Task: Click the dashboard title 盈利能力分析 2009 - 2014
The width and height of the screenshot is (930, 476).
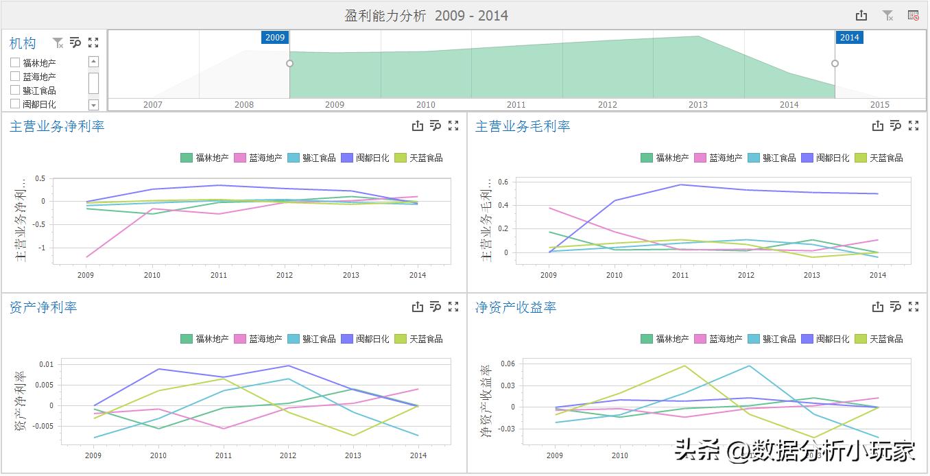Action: [x=426, y=16]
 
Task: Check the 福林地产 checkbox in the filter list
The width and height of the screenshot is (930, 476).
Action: [x=15, y=63]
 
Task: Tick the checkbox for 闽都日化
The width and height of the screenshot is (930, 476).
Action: [x=15, y=104]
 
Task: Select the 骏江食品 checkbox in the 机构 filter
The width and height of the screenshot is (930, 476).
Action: [x=15, y=91]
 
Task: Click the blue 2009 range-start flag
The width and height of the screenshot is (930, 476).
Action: [x=275, y=38]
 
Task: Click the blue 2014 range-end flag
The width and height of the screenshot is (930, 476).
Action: [x=849, y=38]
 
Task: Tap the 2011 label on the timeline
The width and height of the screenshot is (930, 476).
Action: [x=516, y=105]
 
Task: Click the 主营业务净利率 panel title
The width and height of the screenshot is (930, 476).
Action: [x=57, y=126]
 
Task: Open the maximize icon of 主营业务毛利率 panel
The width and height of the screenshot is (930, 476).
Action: [x=914, y=126]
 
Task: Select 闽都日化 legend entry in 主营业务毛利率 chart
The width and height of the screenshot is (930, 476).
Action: [x=832, y=158]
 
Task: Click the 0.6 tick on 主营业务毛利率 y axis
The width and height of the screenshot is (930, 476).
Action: [x=503, y=182]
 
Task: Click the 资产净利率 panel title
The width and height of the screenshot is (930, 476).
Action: [x=43, y=307]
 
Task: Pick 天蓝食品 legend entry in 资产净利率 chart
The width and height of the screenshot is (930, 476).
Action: [x=426, y=339]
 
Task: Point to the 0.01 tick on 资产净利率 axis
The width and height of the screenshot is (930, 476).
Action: [x=45, y=364]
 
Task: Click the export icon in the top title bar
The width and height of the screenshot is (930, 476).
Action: [x=861, y=16]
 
